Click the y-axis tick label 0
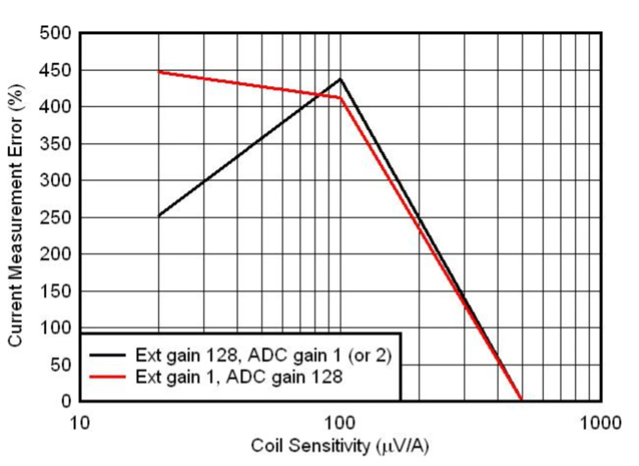tap(66, 401)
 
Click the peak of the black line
tap(340, 78)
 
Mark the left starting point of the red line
tap(159, 72)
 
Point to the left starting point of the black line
tap(159, 216)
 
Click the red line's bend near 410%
tap(340, 97)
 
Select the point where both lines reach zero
tap(522, 400)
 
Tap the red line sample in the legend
tap(107, 377)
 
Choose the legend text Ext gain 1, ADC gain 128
tap(239, 377)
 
